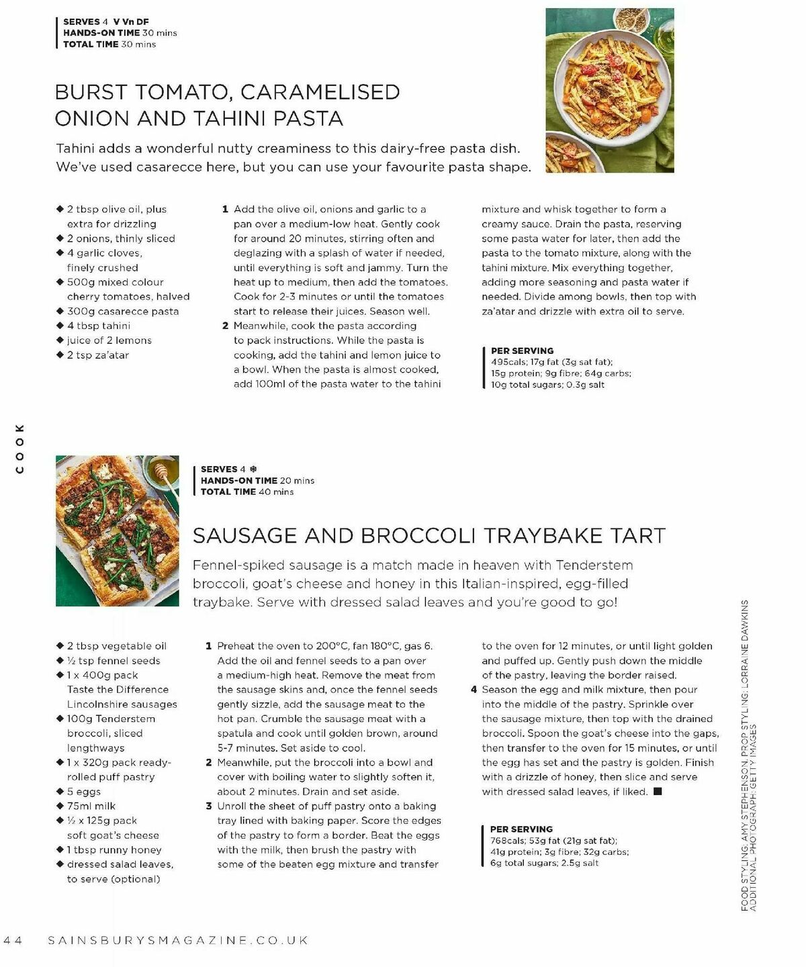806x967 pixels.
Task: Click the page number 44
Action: point(13,941)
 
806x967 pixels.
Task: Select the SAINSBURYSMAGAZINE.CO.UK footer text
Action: point(178,941)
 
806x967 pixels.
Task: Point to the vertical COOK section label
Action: point(19,448)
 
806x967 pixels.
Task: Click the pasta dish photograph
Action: point(609,90)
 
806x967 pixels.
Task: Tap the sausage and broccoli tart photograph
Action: point(117,531)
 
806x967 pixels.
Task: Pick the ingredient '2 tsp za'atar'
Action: point(97,355)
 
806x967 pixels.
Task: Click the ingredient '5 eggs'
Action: point(83,792)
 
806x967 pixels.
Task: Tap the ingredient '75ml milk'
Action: point(91,806)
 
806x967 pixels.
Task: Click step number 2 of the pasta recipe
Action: point(226,326)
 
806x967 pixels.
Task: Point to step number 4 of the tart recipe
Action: point(474,690)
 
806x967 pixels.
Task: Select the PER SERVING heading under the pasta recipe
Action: point(522,351)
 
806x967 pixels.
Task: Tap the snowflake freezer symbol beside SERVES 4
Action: point(253,469)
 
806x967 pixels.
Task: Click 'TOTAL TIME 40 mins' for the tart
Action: point(247,492)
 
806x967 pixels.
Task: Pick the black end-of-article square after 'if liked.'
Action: point(658,792)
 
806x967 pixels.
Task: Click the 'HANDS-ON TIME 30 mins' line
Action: point(120,33)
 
